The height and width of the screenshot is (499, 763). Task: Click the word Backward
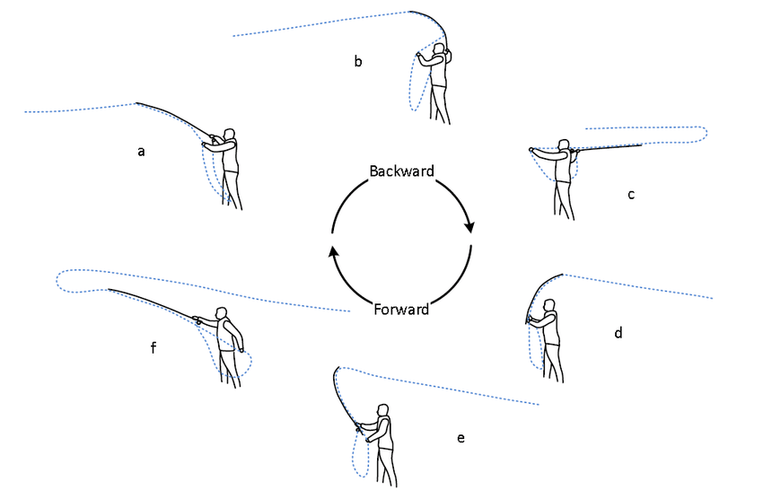click(401, 171)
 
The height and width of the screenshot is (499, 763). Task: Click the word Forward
click(400, 311)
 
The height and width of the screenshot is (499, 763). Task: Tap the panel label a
click(141, 151)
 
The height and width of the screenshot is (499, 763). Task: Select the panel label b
click(357, 61)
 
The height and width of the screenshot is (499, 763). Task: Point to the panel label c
click(631, 194)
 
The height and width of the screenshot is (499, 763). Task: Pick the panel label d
click(618, 333)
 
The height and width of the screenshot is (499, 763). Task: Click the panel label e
click(460, 437)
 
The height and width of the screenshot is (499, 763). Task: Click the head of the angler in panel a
click(231, 135)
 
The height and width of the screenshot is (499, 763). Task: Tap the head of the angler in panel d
click(550, 307)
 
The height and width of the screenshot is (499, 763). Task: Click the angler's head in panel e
click(383, 411)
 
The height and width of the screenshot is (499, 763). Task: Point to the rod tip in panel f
click(108, 289)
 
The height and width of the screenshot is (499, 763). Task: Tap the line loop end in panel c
click(707, 135)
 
